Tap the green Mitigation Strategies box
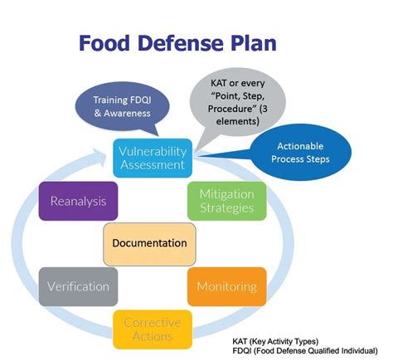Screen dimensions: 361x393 (226, 201)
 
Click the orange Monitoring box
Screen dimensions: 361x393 (226, 287)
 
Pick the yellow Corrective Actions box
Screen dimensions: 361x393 (153, 329)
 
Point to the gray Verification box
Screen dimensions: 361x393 (78, 287)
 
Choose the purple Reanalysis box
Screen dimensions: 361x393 (78, 201)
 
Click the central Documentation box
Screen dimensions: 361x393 (149, 243)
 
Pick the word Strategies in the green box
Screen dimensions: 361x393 (226, 207)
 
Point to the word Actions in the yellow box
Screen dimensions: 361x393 (153, 336)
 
